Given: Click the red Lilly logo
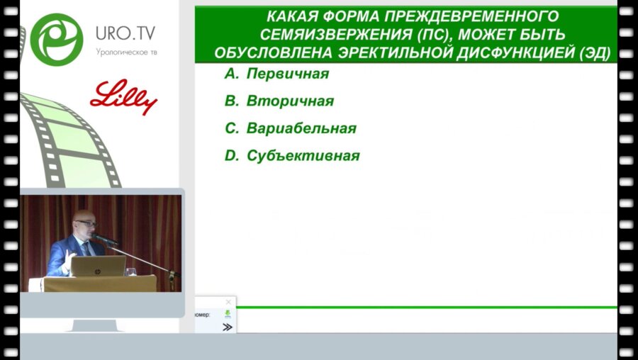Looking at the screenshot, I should [x=123, y=98].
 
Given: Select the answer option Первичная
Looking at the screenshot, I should [x=287, y=74].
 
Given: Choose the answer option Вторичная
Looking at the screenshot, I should [x=290, y=101].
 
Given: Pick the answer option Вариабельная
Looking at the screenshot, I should [x=301, y=129].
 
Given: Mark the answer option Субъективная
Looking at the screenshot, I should [x=303, y=156].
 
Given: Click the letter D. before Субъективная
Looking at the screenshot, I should [x=232, y=156].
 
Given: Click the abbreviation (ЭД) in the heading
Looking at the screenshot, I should [x=595, y=53].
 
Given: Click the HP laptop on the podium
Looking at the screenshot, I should [x=99, y=266].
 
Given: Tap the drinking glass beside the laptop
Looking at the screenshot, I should [x=130, y=271].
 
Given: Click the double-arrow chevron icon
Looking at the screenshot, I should [x=227, y=327].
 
